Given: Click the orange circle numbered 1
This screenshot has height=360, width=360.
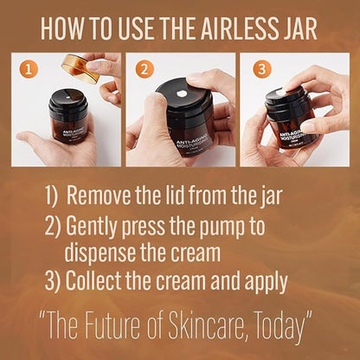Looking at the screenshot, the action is click(x=29, y=69).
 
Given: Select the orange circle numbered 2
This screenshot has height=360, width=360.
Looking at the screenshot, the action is click(x=145, y=69).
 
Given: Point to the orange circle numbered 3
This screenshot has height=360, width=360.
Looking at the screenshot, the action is click(x=262, y=69).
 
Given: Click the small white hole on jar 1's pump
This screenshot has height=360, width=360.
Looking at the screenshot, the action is click(x=67, y=98).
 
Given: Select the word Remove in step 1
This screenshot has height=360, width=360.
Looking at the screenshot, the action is click(x=99, y=196).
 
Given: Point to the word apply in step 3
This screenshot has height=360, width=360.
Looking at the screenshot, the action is click(x=266, y=282).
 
